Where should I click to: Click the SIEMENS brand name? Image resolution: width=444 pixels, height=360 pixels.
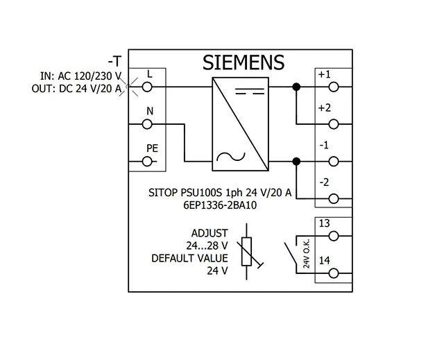click(244, 62)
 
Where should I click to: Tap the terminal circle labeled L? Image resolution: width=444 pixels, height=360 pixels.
click(147, 87)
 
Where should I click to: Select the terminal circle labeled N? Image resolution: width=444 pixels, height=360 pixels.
click(147, 124)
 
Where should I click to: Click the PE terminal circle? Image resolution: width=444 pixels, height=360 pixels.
click(147, 162)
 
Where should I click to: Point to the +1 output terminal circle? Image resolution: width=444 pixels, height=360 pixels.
click(334, 87)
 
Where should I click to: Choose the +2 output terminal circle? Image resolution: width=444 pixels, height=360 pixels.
click(334, 124)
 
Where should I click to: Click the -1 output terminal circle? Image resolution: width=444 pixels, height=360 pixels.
click(334, 162)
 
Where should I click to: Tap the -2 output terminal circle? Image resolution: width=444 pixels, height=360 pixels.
click(334, 198)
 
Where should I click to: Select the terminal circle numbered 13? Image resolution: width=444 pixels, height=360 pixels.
click(334, 236)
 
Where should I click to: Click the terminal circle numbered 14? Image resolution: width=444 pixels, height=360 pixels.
click(334, 273)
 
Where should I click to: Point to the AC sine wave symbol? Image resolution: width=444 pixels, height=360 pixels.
click(231, 157)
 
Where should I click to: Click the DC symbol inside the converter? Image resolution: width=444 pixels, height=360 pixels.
click(250, 91)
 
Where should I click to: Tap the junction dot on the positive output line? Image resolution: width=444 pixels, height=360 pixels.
click(296, 87)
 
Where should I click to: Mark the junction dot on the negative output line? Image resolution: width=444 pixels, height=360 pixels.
click(296, 162)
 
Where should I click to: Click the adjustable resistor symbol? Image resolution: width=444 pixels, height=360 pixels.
click(247, 252)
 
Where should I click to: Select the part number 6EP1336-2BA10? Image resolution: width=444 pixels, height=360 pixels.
click(220, 205)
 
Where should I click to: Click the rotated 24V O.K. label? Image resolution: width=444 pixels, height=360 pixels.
click(307, 254)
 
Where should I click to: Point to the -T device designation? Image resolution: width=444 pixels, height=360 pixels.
click(114, 61)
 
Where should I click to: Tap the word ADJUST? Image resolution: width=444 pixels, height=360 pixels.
click(210, 233)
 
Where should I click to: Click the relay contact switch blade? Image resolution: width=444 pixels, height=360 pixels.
click(291, 253)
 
